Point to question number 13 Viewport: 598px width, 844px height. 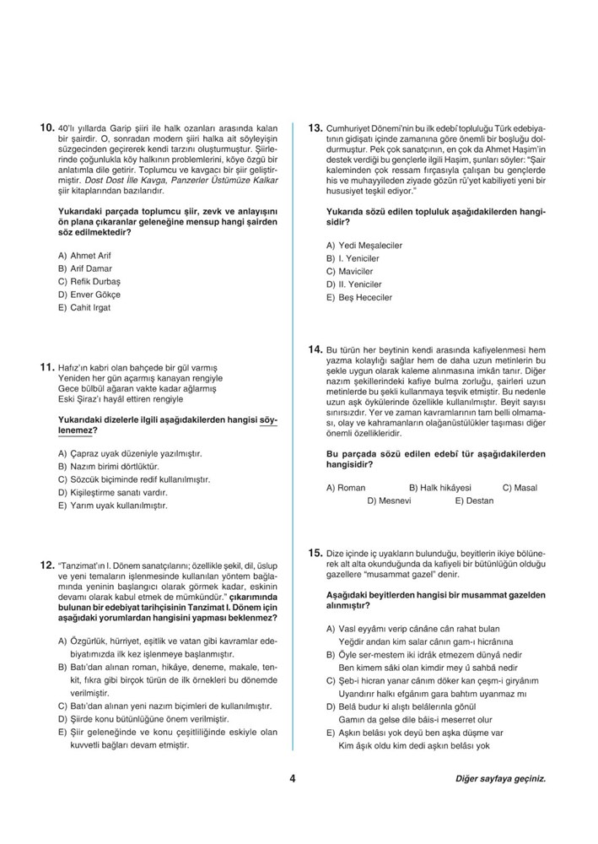click(x=315, y=128)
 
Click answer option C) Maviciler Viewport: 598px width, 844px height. click(x=349, y=271)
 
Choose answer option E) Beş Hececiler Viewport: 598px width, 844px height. click(x=358, y=298)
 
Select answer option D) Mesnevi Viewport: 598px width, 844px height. click(x=389, y=500)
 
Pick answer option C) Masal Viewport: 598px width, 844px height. click(x=520, y=488)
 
